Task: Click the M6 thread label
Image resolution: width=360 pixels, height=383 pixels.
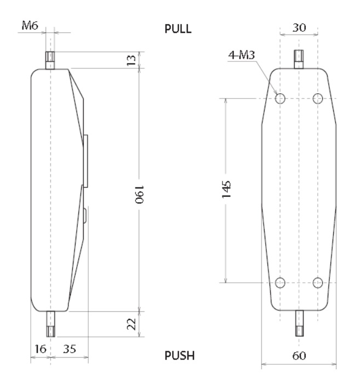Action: (x=30, y=25)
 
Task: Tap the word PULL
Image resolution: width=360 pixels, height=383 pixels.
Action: (x=179, y=30)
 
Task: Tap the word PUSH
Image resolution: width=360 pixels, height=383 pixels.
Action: (x=179, y=356)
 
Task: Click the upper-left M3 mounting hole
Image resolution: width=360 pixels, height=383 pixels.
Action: (x=280, y=99)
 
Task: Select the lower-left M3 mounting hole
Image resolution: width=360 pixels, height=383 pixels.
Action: (x=280, y=283)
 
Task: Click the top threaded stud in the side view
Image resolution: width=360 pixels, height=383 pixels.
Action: (x=50, y=60)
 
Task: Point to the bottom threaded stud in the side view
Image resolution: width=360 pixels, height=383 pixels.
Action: (x=50, y=323)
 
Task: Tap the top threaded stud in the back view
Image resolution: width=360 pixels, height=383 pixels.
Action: (x=299, y=59)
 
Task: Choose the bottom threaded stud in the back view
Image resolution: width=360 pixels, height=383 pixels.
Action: (x=299, y=323)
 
